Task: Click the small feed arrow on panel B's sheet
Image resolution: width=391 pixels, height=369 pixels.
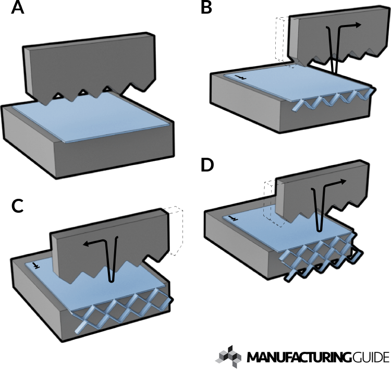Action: pyautogui.click(x=239, y=77)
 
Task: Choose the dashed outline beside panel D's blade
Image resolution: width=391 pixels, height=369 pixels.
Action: pyautogui.click(x=270, y=203)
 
